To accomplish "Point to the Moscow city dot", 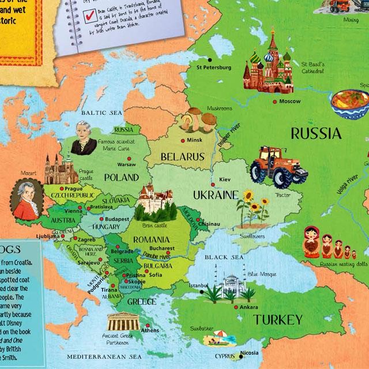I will coord(274,102).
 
